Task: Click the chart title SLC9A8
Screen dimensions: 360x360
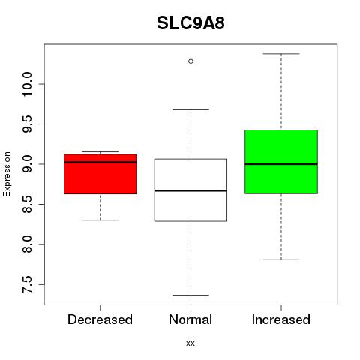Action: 190,23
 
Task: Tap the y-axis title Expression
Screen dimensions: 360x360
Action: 7,175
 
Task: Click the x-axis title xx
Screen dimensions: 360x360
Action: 190,343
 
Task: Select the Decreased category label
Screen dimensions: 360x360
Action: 100,319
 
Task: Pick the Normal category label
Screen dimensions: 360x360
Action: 190,319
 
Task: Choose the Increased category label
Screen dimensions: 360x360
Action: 281,319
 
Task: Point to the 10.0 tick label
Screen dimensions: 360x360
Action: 27,84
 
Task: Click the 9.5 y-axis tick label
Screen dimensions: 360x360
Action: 27,124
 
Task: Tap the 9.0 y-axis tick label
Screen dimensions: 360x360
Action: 27,164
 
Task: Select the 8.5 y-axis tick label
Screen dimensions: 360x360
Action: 27,204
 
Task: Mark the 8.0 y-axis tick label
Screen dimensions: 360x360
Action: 27,244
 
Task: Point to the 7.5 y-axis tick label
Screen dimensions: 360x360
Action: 27,284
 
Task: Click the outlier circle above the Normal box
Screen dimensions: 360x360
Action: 190,61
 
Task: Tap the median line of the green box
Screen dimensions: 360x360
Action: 281,164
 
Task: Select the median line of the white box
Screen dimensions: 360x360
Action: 190,190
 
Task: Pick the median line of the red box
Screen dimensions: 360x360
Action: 100,162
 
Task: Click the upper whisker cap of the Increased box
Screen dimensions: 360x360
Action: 281,54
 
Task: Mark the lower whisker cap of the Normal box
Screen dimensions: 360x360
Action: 190,295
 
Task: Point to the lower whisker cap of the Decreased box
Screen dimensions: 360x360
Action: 100,220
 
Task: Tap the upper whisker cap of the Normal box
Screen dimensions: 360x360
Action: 190,109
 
